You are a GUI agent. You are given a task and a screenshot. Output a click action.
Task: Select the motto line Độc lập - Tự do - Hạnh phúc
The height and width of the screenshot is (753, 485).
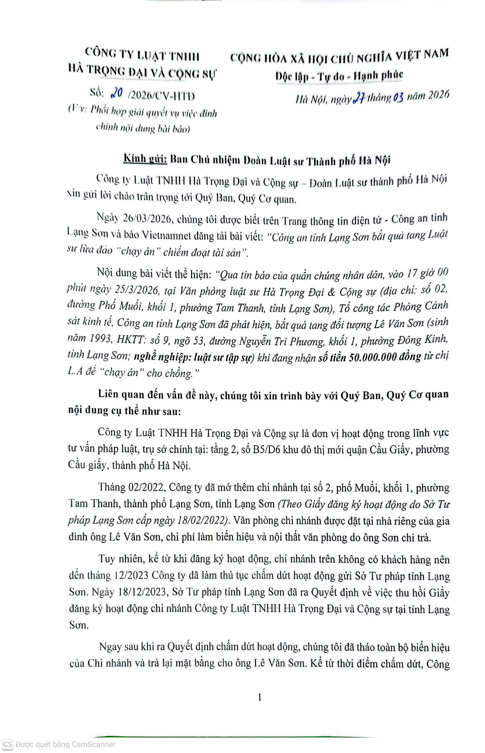coord(339,75)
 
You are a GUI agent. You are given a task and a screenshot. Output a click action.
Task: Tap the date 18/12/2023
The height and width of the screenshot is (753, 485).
coord(144,592)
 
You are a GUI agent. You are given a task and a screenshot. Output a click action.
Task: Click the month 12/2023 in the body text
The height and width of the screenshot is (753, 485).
coord(131,576)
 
